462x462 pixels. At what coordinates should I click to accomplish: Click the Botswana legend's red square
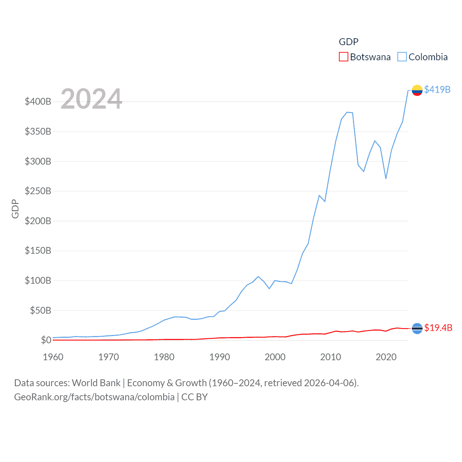343,57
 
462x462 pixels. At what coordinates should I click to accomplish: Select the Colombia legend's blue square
402,57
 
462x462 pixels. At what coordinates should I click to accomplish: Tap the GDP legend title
348,42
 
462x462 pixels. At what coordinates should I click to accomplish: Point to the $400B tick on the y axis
38,101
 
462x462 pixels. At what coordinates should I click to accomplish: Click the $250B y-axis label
38,191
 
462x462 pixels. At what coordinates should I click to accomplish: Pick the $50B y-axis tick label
40,310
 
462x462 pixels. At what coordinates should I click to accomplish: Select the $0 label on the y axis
46,340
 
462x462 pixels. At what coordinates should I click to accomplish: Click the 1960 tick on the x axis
53,357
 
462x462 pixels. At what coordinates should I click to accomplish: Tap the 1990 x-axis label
219,357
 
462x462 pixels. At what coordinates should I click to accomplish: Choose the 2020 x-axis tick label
386,357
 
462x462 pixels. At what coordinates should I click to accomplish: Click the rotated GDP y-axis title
15,209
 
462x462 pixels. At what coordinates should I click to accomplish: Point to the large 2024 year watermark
91,99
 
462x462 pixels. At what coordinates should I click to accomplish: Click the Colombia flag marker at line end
417,90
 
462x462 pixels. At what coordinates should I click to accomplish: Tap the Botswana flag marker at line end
417,328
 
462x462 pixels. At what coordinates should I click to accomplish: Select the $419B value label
437,90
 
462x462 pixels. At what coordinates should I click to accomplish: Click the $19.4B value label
438,328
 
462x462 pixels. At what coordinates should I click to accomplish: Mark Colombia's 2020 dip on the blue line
386,178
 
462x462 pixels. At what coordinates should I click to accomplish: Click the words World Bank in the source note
96,383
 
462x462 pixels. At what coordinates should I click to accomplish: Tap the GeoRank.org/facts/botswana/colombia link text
94,397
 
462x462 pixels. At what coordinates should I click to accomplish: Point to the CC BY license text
195,397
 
